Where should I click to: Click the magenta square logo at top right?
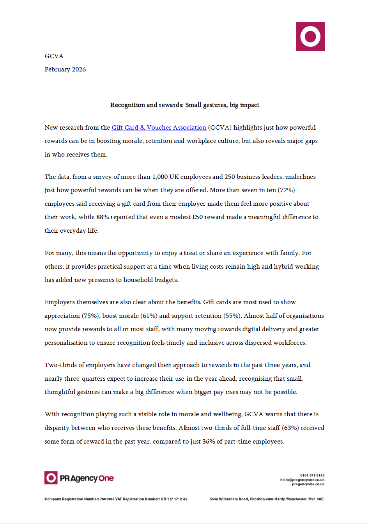coord(310,36)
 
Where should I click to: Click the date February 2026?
coord(65,70)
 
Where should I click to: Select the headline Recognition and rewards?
coord(184,105)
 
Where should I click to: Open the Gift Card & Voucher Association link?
coord(159,128)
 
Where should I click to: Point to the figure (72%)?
coord(286,190)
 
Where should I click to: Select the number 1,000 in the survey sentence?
coord(160,177)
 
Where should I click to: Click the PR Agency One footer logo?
coord(79,478)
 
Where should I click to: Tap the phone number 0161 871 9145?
coord(312,476)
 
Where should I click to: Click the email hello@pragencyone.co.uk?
coord(302,480)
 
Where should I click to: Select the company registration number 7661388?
coord(107,499)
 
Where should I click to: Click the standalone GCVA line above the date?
coord(54,56)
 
